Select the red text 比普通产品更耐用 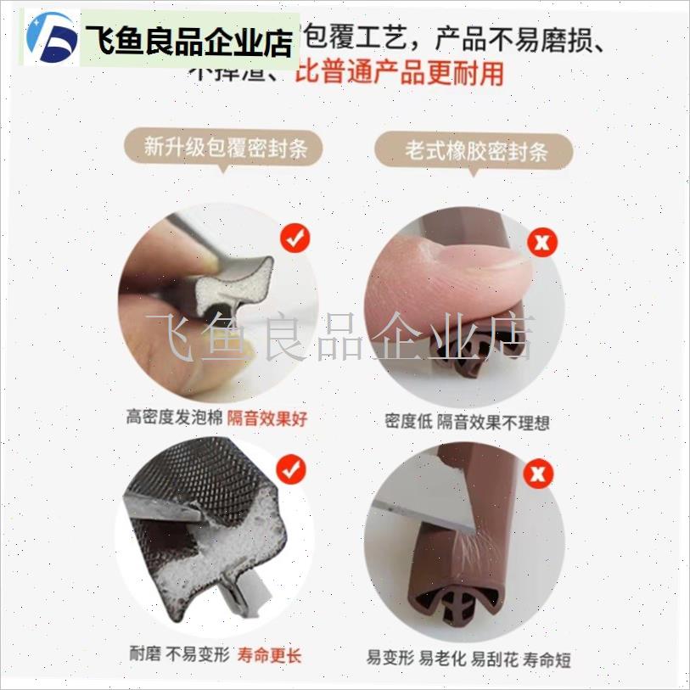399,73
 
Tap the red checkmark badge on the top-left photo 295,238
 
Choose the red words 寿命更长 269,655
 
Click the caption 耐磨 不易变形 179,655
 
